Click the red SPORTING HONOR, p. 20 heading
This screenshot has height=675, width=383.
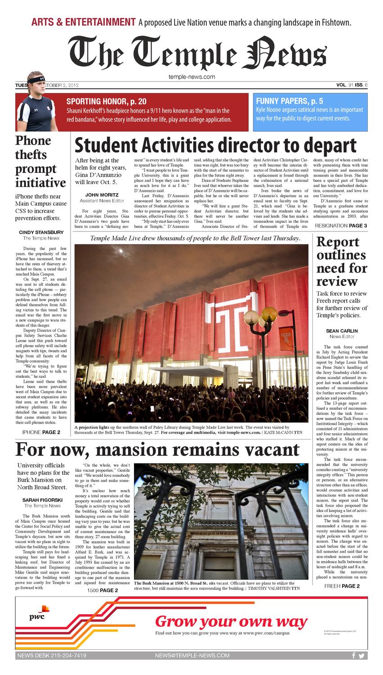106,101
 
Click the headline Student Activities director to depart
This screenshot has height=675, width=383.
215,145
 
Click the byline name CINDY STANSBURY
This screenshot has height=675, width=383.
41,232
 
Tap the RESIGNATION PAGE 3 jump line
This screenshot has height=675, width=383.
341,226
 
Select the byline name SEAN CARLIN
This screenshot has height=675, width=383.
342,331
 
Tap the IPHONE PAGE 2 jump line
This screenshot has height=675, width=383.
41,432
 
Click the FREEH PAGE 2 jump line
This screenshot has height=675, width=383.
342,586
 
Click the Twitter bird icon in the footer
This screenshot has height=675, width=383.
361,656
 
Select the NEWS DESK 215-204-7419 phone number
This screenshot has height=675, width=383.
52,656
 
